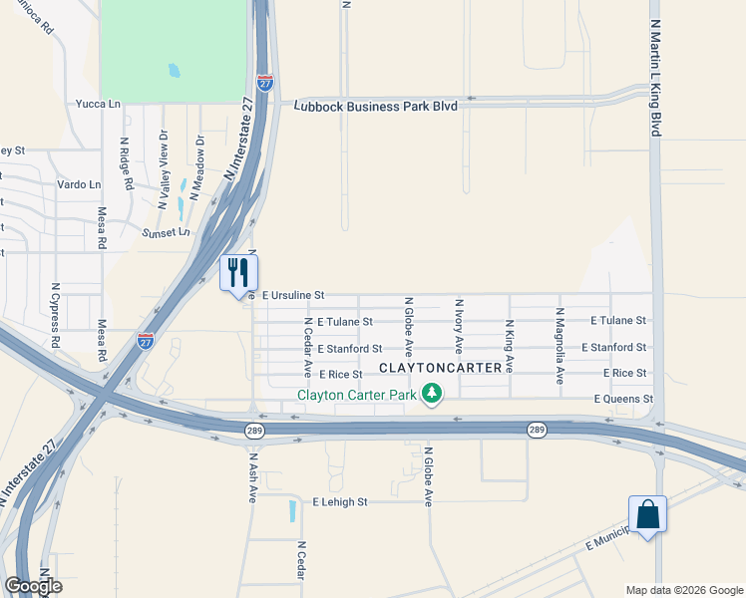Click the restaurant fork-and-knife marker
click(238, 271)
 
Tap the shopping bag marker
click(647, 515)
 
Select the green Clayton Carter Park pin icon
click(432, 396)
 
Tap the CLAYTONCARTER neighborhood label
click(440, 369)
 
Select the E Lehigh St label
click(340, 502)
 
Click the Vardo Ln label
click(80, 185)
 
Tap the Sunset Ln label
click(166, 232)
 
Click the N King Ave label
click(509, 346)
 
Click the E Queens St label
click(622, 399)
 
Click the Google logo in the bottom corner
click(33, 586)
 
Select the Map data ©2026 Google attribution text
click(683, 590)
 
